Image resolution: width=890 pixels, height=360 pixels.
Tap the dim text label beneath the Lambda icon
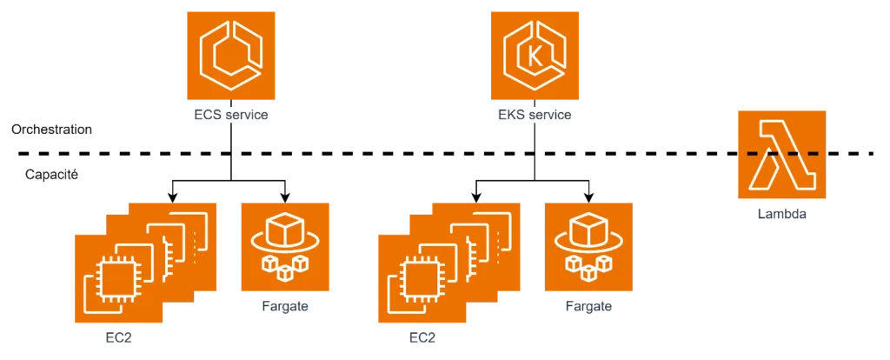coord(781,214)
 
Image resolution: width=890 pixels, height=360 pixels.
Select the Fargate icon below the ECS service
coord(285,247)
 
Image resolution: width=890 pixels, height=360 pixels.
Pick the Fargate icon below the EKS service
coord(589,247)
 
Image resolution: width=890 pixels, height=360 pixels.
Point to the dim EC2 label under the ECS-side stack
coord(118,337)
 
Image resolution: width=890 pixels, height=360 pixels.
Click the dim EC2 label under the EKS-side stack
coord(422,337)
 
